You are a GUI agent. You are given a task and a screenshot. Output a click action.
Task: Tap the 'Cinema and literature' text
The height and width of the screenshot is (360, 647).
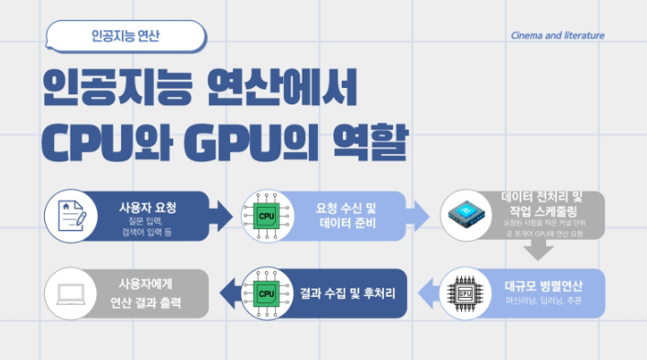click(x=558, y=37)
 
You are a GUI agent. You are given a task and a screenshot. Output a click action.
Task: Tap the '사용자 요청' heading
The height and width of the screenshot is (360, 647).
click(x=148, y=207)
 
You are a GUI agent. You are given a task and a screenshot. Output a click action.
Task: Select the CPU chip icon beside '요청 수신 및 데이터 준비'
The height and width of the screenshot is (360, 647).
click(x=267, y=215)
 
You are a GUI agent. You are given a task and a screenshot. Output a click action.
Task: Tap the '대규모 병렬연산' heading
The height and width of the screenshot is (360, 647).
click(x=543, y=285)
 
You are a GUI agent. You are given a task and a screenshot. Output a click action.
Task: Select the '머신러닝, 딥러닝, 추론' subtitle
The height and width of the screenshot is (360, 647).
click(x=543, y=301)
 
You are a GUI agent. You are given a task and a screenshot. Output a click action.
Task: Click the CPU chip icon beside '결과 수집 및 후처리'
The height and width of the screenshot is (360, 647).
click(x=267, y=293)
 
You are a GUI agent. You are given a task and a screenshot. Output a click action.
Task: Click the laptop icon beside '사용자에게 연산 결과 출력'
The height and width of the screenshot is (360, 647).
click(x=71, y=293)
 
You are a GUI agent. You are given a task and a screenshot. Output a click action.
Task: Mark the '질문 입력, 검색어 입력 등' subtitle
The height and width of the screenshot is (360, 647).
click(x=147, y=226)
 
